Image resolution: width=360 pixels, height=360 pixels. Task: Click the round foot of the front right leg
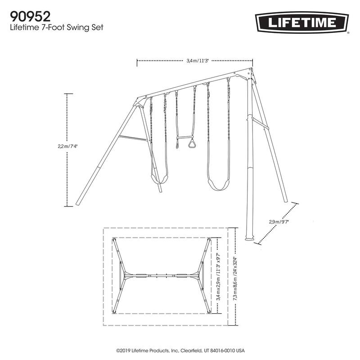[x=249, y=238]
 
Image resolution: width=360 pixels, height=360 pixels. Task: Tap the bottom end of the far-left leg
[x=78, y=205]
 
